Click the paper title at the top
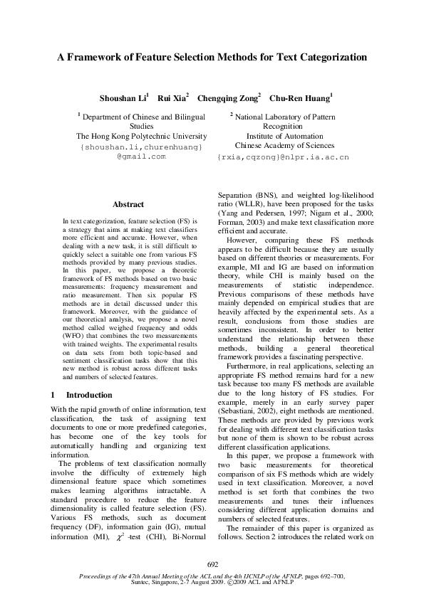(212, 56)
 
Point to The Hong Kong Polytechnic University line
(141, 136)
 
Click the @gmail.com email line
(141, 156)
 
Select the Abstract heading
(128, 204)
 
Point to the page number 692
(212, 564)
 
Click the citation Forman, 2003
(239, 221)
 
